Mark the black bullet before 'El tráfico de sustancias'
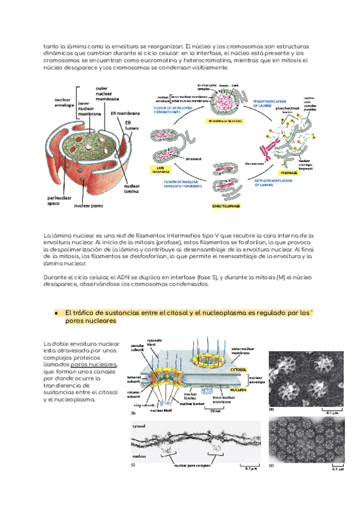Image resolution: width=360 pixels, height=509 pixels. point(55,313)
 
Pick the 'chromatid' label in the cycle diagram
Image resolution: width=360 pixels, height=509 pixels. point(193,159)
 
